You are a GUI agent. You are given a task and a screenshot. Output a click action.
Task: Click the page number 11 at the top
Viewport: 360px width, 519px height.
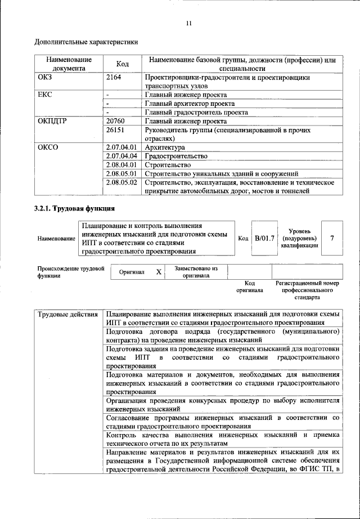188,23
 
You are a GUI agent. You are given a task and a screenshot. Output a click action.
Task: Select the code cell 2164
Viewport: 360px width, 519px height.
114,77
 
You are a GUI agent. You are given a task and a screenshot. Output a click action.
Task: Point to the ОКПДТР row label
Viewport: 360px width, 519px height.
52,120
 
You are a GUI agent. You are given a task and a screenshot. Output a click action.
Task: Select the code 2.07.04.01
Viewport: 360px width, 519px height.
121,147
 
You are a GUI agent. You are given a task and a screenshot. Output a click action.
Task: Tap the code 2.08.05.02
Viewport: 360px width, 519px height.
121,182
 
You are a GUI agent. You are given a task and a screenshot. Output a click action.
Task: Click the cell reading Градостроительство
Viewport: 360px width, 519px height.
176,156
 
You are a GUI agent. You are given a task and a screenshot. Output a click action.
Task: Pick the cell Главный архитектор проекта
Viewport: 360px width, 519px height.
190,104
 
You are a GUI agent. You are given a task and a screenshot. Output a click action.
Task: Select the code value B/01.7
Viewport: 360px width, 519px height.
264,238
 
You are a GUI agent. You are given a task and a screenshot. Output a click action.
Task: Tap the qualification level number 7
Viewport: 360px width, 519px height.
332,238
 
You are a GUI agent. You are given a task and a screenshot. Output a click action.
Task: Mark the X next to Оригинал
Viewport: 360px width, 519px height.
159,272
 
